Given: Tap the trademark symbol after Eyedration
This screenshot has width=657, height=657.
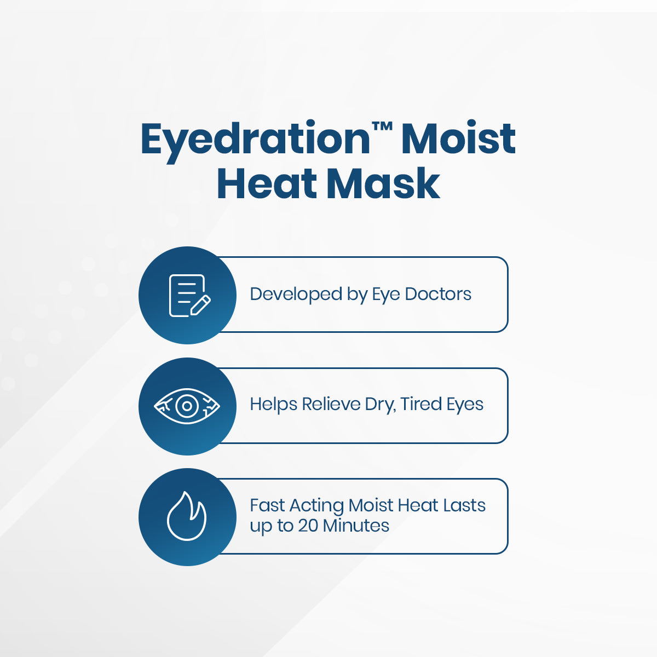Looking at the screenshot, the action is point(382,127).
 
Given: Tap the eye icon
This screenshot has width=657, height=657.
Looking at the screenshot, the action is point(187,406).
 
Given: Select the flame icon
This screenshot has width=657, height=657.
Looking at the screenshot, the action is point(187,516).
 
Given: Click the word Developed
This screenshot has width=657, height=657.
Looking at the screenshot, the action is point(296,294).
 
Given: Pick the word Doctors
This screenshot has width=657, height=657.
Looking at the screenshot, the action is point(438,294).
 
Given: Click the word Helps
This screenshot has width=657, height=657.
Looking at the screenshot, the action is point(273,405).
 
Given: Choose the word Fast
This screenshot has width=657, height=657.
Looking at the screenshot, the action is point(267,505).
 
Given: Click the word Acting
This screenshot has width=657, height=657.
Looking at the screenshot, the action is point(317,506).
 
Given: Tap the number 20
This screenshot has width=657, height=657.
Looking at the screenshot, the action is point(308,526).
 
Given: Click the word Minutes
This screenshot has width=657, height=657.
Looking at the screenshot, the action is point(356,526).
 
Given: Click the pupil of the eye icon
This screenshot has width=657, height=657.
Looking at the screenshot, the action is point(187,406).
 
